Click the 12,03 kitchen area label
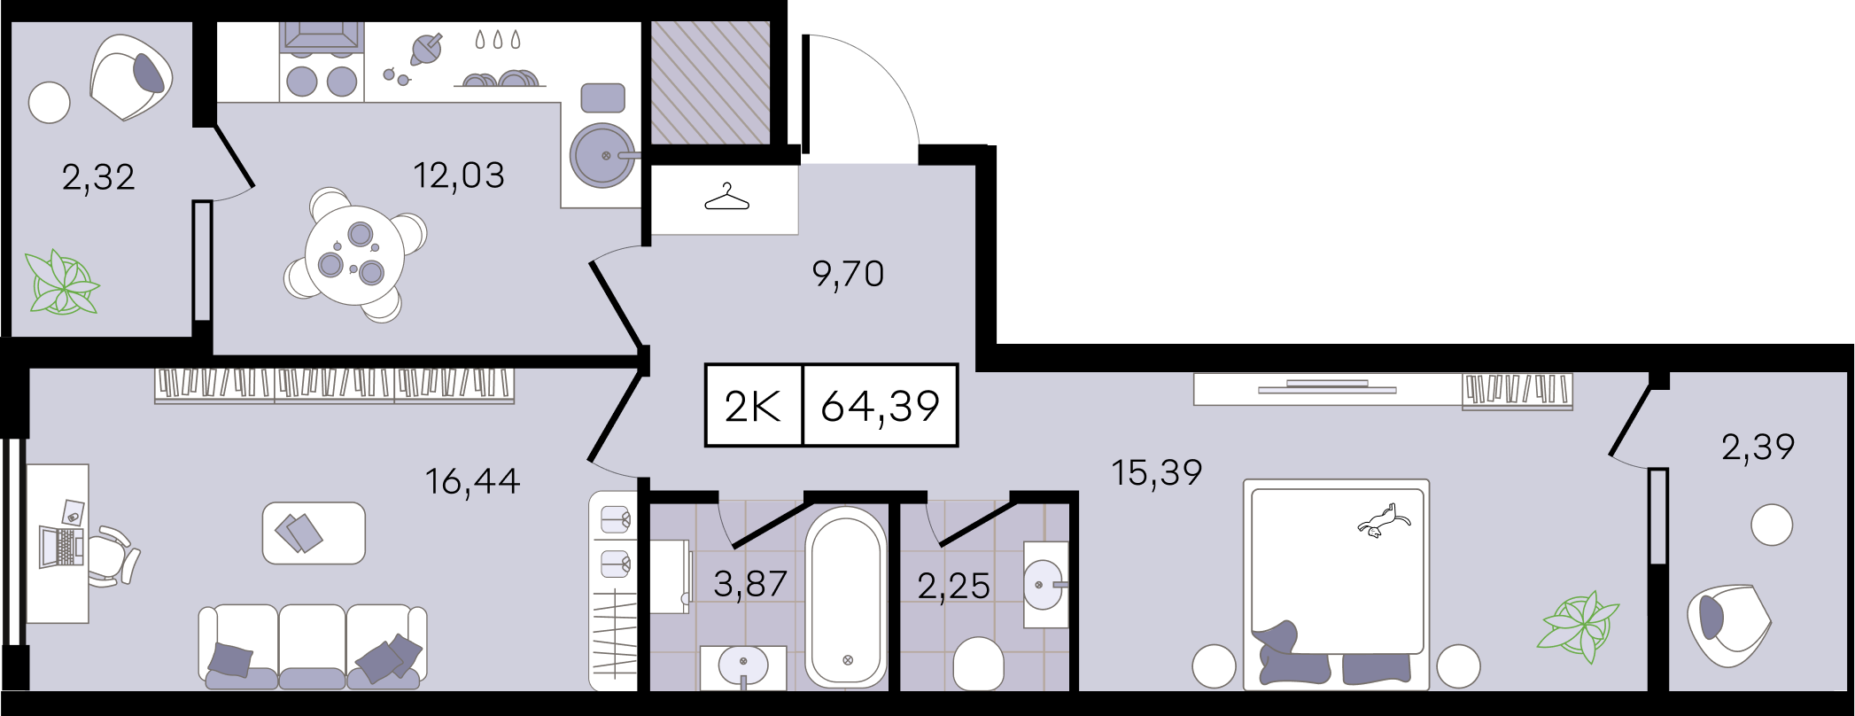(459, 175)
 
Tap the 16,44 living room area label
(472, 481)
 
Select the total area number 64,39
(880, 406)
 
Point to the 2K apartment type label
(752, 406)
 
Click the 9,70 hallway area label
(848, 274)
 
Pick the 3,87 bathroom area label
(750, 584)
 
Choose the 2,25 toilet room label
(953, 586)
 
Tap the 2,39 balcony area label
(1758, 447)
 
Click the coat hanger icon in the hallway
(726, 197)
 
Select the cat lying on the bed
(1383, 520)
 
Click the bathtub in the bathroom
(846, 596)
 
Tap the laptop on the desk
(61, 546)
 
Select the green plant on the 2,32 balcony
(61, 283)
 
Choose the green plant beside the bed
(1579, 626)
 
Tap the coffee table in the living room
(314, 533)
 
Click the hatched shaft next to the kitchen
(710, 82)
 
